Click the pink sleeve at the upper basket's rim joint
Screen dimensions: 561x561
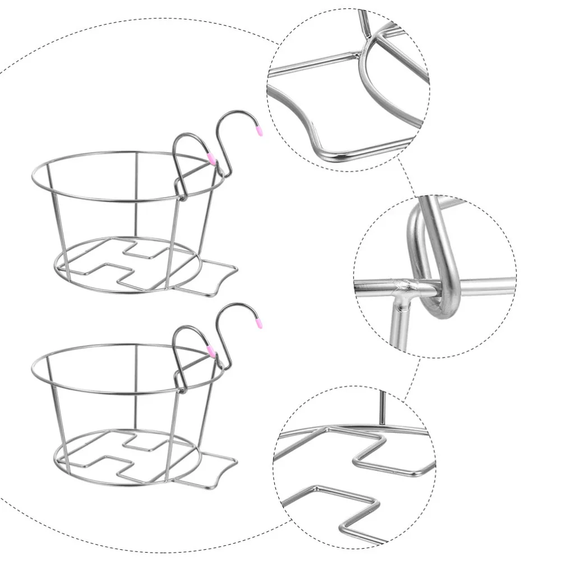(211, 159)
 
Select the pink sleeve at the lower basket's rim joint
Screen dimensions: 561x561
(211, 351)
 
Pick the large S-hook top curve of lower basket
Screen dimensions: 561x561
(233, 306)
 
